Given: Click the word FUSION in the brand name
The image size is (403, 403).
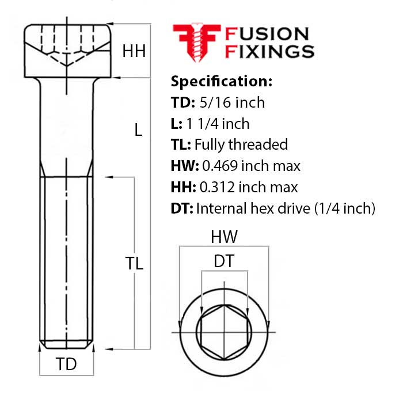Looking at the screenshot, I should coord(267,34).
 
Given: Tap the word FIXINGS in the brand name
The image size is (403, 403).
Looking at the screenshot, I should coord(269,52).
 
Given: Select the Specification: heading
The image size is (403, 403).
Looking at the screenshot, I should coord(222,81).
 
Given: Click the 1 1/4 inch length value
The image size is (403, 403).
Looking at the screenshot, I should coord(218,123).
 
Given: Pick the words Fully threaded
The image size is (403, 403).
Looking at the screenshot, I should coord(241,145).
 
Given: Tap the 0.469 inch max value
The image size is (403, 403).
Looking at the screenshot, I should coord(250,166).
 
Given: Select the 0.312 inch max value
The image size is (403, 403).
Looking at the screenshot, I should coord(249,187).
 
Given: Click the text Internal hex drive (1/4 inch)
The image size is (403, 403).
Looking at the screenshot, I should coord(286,208).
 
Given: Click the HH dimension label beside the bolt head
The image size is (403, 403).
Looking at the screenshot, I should coord(134,51).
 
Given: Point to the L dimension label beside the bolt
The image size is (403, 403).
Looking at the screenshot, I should coord(138,130).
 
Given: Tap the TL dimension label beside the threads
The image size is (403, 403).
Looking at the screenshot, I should coord(134,264).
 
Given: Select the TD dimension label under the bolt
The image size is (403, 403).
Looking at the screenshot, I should coord(66,364).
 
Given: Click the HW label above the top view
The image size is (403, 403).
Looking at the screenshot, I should coord(224,237).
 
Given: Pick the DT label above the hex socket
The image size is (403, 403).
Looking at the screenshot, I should coord(224,261).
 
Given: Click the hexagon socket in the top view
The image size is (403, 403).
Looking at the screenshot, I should coord(224,333).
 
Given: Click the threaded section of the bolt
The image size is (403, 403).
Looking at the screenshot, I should coord(67,259).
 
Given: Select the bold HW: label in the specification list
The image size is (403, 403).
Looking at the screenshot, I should coord(185,166).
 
